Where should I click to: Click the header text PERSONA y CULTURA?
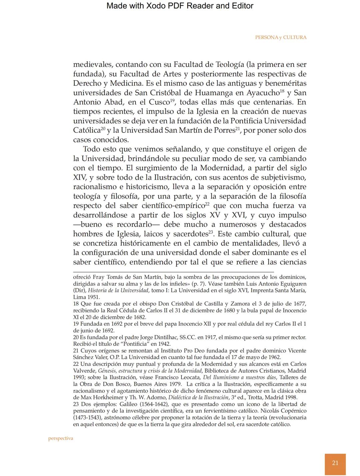tap(281, 38)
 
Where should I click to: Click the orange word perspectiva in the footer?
tap(61, 438)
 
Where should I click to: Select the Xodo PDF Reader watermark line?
tap(180, 6)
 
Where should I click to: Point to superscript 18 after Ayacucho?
tap(282, 91)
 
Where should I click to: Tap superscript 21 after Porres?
tap(238, 128)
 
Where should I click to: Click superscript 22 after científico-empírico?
tap(207, 204)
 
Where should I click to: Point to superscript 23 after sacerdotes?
tap(211, 232)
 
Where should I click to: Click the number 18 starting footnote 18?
tap(76, 304)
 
